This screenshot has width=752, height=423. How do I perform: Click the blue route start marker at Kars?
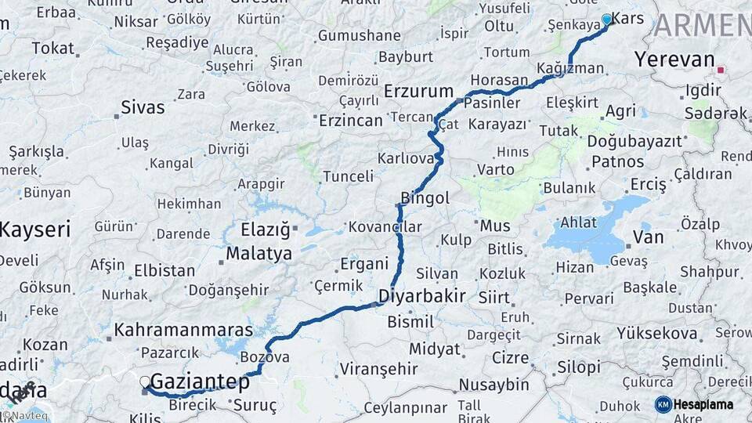606,20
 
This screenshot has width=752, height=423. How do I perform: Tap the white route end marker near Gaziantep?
145,382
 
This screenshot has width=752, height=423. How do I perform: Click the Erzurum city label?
418,92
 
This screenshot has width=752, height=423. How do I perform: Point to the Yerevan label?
674,60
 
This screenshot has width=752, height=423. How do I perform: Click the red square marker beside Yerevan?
720,70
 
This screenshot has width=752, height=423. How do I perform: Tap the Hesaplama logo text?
703,404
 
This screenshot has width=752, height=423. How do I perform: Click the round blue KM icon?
663,404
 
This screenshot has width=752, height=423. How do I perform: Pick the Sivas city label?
143,107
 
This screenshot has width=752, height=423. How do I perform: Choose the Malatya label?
258,253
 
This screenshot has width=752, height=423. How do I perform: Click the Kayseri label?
34,230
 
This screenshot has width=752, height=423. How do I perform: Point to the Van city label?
648,237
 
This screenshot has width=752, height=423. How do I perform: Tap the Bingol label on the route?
425,198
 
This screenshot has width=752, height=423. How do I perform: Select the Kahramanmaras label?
183,330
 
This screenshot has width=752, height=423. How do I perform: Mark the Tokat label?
52,49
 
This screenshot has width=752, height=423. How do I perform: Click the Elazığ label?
265,230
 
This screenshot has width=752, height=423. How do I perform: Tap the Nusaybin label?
493,385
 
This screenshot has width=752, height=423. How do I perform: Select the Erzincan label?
350,121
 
